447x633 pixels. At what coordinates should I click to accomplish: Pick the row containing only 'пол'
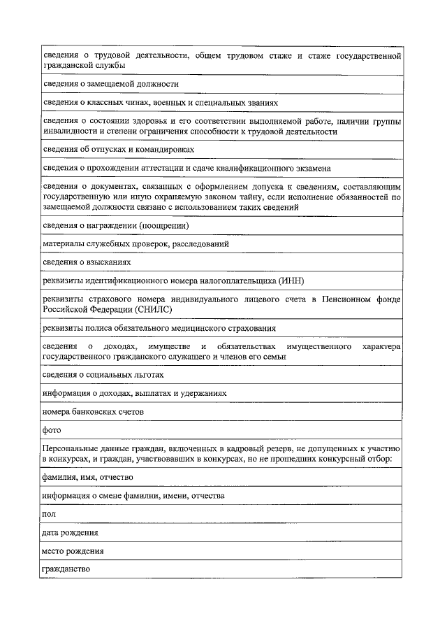click(x=49, y=514)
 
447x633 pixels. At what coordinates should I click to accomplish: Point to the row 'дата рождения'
click(x=70, y=532)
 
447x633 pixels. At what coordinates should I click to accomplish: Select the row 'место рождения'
click(x=73, y=550)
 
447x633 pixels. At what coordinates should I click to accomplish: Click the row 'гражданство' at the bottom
click(x=66, y=569)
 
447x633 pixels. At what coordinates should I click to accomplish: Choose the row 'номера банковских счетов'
click(x=94, y=412)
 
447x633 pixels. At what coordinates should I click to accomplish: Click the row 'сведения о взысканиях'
click(x=87, y=262)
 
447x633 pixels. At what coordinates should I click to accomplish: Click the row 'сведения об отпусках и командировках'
click(x=118, y=149)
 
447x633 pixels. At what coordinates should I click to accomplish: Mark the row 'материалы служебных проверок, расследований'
click(x=135, y=244)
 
